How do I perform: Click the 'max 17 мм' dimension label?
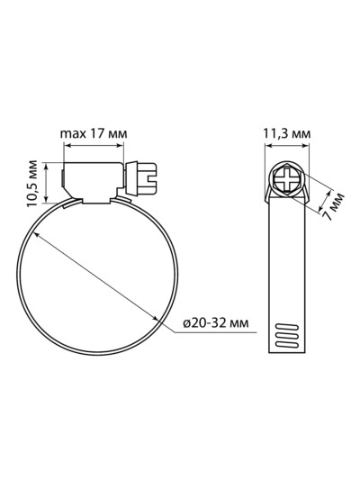(x=94, y=134)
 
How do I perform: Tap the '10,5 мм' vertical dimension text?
(x=31, y=183)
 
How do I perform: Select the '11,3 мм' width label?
(x=287, y=134)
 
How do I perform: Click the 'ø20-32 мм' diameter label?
(x=216, y=322)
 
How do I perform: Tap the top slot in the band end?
(x=287, y=327)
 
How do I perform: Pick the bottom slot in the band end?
(x=287, y=344)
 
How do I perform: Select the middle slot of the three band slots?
(x=287, y=336)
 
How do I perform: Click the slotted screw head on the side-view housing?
(x=148, y=179)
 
